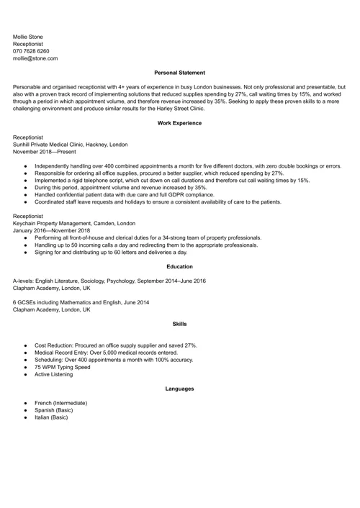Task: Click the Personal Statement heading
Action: click(x=179, y=73)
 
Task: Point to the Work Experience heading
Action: click(x=179, y=123)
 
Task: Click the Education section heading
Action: click(x=179, y=267)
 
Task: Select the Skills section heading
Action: click(x=179, y=325)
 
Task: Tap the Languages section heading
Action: click(x=179, y=389)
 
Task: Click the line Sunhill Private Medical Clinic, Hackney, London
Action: click(x=71, y=144)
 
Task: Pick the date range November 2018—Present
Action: click(x=44, y=152)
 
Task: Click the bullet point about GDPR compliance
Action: click(x=124, y=194)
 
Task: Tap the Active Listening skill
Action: click(x=55, y=375)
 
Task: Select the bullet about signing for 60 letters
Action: click(x=110, y=253)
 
